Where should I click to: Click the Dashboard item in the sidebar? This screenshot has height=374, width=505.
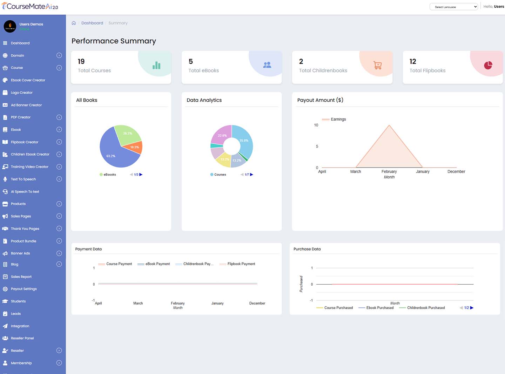(20, 43)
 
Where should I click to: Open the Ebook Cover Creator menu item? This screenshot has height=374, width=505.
(28, 80)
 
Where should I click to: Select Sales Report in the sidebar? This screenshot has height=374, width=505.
(21, 277)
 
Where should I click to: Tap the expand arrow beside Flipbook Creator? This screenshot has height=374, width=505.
(59, 142)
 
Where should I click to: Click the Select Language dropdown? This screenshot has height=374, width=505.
(453, 7)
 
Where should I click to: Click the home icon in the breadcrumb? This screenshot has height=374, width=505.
(74, 23)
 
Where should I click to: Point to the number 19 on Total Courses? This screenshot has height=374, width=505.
(81, 62)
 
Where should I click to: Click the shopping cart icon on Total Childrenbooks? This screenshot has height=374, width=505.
(377, 65)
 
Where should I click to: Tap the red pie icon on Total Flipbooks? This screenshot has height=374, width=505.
(488, 65)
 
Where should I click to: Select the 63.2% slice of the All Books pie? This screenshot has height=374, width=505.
(112, 154)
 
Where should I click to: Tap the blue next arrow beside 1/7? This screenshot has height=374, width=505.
(251, 175)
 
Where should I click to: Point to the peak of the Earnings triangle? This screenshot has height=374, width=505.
(389, 125)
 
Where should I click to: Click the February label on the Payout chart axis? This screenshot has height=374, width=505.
(389, 172)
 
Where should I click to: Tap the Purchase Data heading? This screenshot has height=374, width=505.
(307, 249)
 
